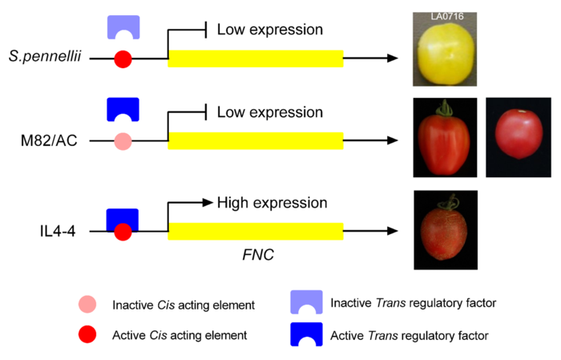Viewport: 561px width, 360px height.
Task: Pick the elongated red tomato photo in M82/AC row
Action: [445, 138]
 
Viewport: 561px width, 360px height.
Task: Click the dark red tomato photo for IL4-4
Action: [444, 229]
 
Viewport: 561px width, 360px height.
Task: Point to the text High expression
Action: [272, 204]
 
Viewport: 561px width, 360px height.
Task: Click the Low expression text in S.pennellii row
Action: [270, 30]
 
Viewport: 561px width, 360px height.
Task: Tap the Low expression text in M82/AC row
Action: [270, 112]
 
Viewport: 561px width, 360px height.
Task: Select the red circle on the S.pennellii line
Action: [123, 59]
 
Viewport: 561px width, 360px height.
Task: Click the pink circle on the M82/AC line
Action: [123, 143]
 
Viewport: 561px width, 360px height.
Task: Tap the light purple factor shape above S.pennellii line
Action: [123, 26]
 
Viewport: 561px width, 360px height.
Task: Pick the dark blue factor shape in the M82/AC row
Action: [123, 109]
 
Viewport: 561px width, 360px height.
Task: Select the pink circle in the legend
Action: [87, 304]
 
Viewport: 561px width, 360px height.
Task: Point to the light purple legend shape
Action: [306, 302]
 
